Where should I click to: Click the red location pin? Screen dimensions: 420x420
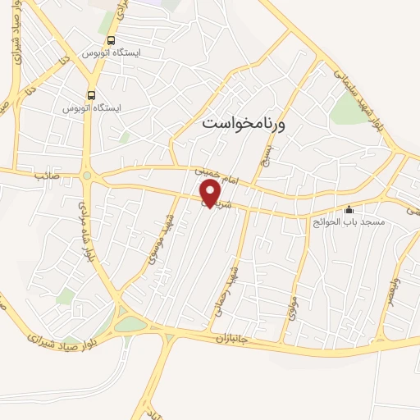coord(211,194)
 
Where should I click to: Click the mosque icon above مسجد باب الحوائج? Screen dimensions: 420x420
coord(349,209)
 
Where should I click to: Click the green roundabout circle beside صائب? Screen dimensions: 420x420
coord(87,175)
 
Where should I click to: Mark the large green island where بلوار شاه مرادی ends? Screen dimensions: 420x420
coord(129,324)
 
